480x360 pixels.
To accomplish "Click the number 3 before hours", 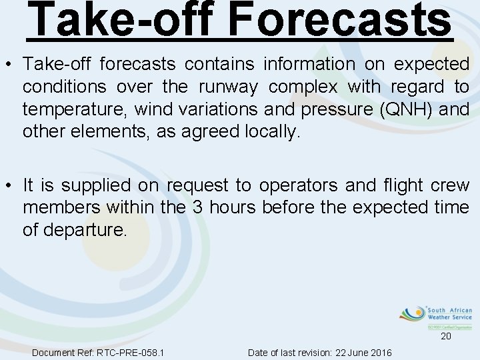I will click(197, 207).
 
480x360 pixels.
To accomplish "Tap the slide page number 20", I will click(445, 337).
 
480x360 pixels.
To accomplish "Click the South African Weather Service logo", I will click(436, 317).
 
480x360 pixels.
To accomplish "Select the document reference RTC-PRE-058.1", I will click(131, 352).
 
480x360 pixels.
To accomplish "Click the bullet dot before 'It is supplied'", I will click(10, 185).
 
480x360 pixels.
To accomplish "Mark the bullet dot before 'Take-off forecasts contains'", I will click(10, 65).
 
